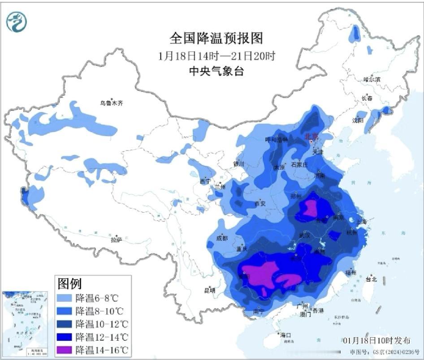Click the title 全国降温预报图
point(216,38)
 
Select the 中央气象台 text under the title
point(216,71)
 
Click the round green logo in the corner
point(17,21)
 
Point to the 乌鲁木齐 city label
point(111,103)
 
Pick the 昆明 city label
point(209,291)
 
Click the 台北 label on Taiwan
point(372,279)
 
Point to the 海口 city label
point(285,335)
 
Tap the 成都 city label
point(222,238)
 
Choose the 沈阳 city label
point(358,120)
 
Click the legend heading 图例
point(69,283)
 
